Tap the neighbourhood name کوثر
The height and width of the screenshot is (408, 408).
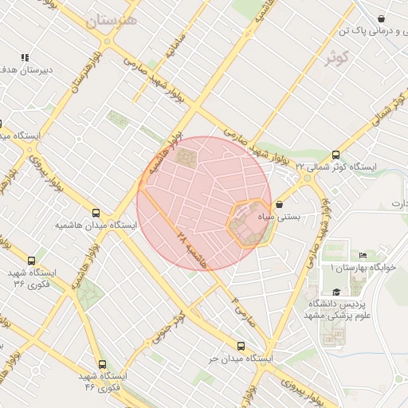pyautogui.click(x=338, y=57)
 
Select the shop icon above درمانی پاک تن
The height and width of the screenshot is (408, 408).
pyautogui.click(x=382, y=19)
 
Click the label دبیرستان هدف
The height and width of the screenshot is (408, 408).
pyautogui.click(x=25, y=70)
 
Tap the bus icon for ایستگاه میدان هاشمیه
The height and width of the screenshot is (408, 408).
pyautogui.click(x=96, y=213)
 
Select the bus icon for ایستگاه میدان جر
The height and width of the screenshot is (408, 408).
pyautogui.click(x=241, y=345)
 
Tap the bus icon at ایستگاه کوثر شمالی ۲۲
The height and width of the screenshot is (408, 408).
pyautogui.click(x=335, y=155)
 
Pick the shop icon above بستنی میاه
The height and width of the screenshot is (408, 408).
pyautogui.click(x=278, y=204)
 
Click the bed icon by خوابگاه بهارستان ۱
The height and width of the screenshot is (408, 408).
pyautogui.click(x=363, y=256)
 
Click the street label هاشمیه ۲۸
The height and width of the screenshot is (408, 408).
pyautogui.click(x=191, y=249)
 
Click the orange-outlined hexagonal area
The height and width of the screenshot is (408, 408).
pyautogui.click(x=249, y=226)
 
